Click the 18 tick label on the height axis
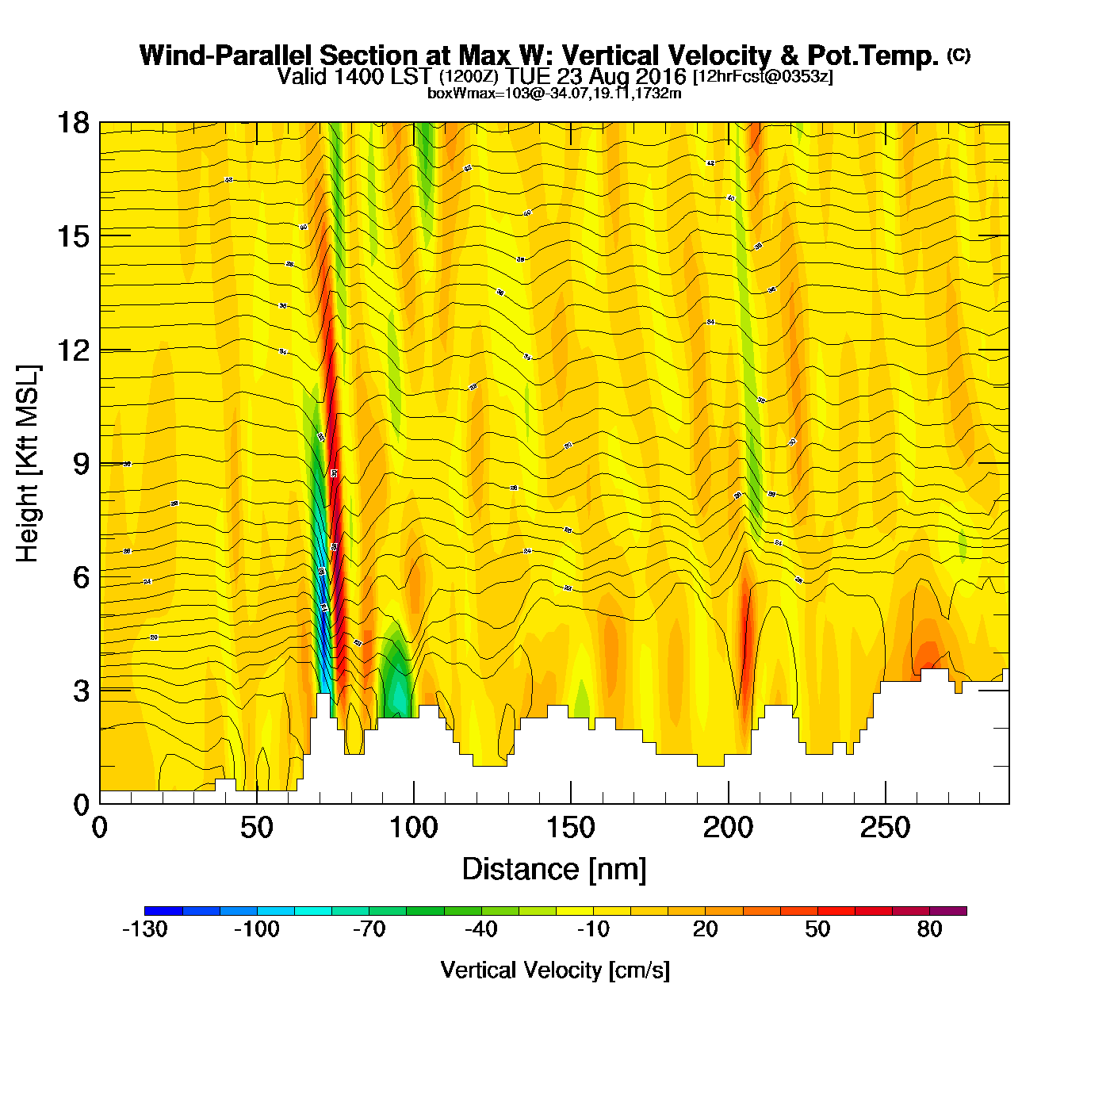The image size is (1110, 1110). (72, 123)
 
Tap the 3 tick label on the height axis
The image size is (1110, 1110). (82, 691)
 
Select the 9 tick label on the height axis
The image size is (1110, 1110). (82, 464)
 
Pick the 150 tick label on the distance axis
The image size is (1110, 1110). (571, 828)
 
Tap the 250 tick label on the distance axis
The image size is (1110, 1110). (885, 828)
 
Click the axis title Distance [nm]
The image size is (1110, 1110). (554, 869)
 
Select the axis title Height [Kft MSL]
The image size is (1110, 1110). (28, 464)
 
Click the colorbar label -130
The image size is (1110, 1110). (144, 929)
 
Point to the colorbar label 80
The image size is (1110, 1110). (929, 929)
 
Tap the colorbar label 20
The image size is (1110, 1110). (705, 929)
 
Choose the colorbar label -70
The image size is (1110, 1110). (369, 929)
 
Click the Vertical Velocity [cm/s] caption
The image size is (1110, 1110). (554, 970)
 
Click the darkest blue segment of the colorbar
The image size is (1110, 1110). (163, 911)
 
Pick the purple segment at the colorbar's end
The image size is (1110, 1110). (948, 911)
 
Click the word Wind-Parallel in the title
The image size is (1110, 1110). (227, 55)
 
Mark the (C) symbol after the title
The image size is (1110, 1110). (959, 55)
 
